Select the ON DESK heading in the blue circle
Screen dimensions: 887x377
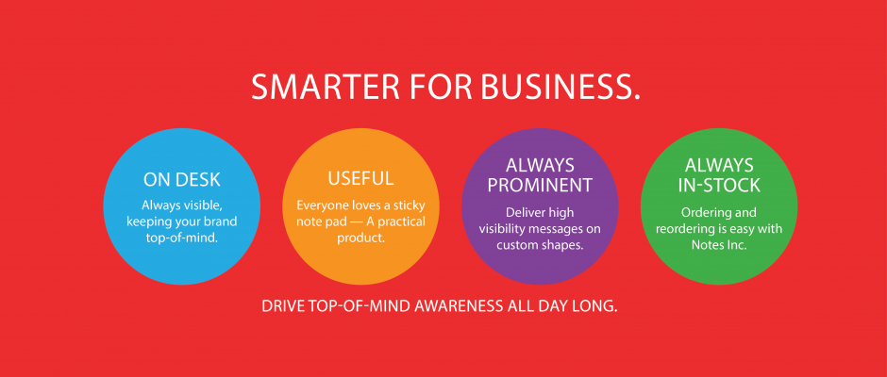(181, 180)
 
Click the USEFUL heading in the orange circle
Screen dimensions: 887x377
(360, 178)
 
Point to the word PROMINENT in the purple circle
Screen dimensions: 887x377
(540, 185)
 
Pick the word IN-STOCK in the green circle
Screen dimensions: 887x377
(719, 185)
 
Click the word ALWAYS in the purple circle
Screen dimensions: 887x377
(540, 166)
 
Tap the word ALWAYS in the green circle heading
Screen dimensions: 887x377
(719, 166)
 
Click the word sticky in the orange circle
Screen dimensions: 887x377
(410, 205)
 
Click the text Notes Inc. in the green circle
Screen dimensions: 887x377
(719, 245)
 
